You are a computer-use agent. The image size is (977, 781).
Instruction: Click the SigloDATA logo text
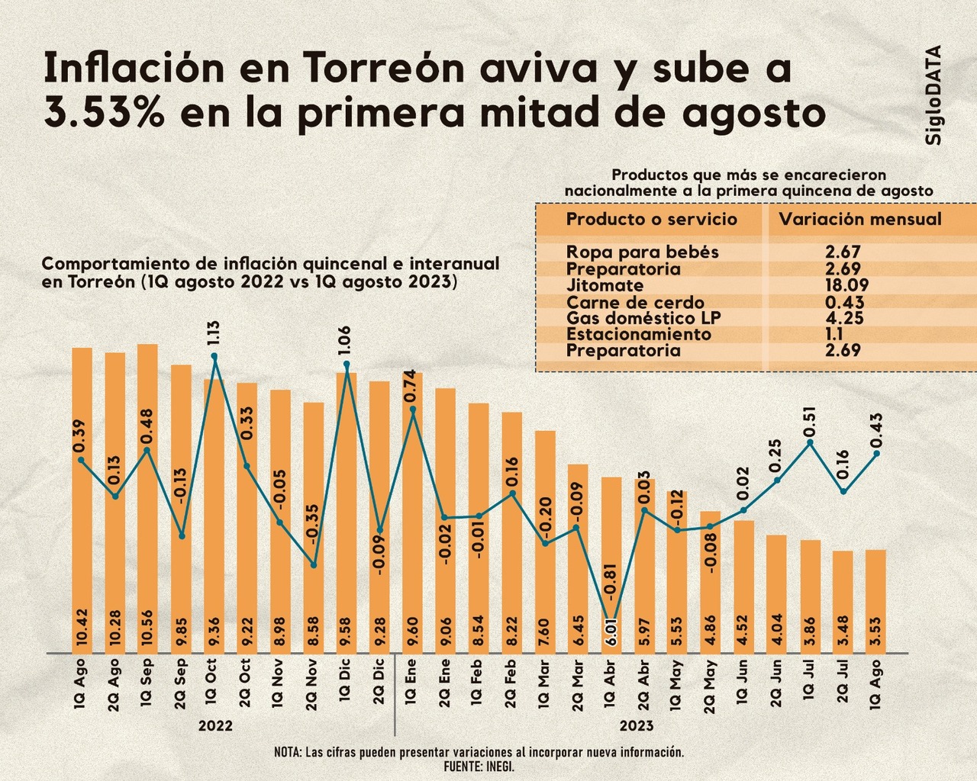[932, 95]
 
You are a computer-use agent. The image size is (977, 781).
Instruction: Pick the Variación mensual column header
[859, 220]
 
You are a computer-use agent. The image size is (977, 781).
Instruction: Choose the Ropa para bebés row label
[642, 252]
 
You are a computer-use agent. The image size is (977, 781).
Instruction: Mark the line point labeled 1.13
[214, 356]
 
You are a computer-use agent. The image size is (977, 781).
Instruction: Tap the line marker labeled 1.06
[347, 365]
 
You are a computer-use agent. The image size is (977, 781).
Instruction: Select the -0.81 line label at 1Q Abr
[610, 583]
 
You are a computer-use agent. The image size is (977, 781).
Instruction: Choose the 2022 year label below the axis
[215, 726]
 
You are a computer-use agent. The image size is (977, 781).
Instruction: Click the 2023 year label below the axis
[636, 726]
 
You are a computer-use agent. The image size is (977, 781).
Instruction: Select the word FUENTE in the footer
[461, 766]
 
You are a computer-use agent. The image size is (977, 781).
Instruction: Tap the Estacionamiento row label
[638, 334]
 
